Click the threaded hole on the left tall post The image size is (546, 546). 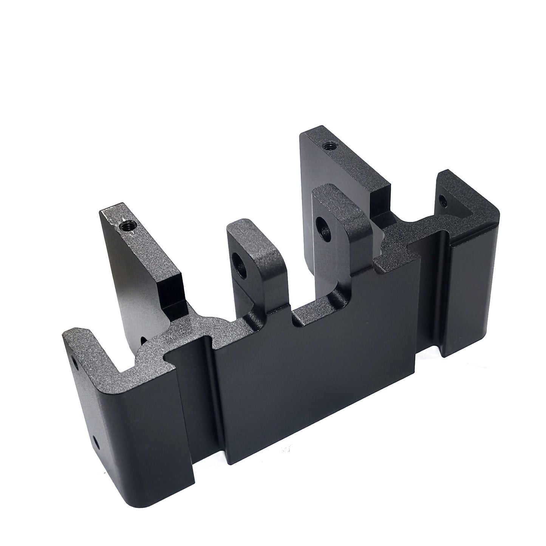(x=125, y=226)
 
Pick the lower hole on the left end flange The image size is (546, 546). (x=96, y=441)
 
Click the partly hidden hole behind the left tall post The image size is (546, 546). (x=144, y=330)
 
